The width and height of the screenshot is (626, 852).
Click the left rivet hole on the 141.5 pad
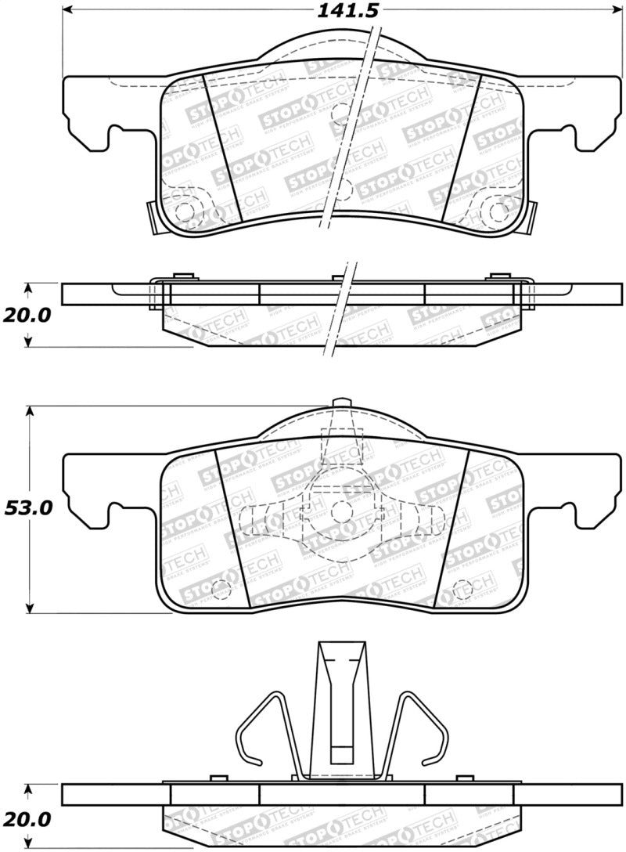point(185,211)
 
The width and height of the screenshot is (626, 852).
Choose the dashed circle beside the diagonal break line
point(343,114)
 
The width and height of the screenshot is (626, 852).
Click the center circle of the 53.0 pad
point(341,511)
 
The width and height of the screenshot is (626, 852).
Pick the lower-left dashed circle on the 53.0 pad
point(221,589)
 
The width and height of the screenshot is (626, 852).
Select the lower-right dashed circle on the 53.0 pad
point(462,589)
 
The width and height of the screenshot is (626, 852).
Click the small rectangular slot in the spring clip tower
point(341,753)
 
